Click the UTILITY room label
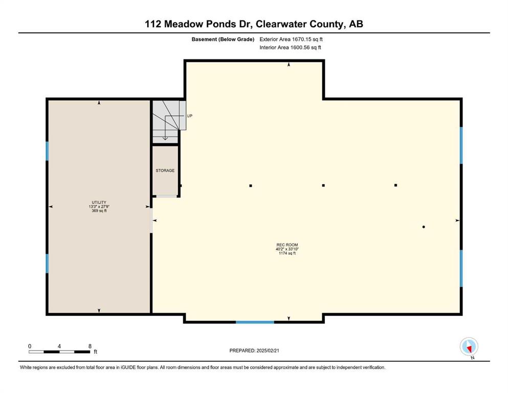coord(99,203)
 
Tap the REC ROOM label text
coord(287,245)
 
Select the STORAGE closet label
coord(165,170)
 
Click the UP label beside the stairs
coord(189,116)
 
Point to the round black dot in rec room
coord(424,227)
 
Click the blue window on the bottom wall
coord(255,322)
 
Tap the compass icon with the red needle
coord(469,346)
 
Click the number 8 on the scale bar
coord(90,346)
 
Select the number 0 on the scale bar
coord(30,346)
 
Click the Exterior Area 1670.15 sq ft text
coord(291,39)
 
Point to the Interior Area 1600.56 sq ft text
coord(290,47)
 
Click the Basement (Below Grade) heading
coord(223,39)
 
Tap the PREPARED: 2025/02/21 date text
coord(254,351)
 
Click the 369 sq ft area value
coord(99,211)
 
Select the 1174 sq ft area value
coord(287,253)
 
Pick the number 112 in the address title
coord(153,24)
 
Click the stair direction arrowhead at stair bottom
coord(165,138)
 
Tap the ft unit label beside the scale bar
coord(96,352)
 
